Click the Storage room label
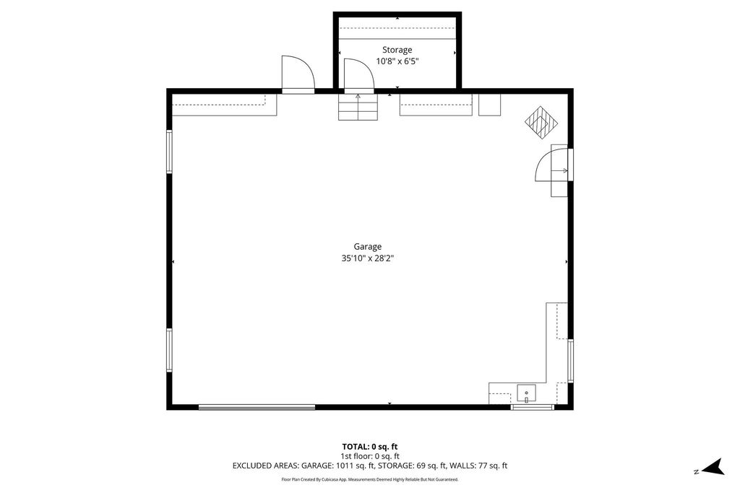pyautogui.click(x=397, y=50)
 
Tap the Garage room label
pyautogui.click(x=367, y=246)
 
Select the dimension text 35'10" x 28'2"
pyautogui.click(x=367, y=258)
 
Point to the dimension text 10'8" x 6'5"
pyautogui.click(x=397, y=61)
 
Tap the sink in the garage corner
pyautogui.click(x=526, y=394)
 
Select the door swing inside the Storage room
pyautogui.click(x=358, y=75)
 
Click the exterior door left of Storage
pyautogui.click(x=297, y=74)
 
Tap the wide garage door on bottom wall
pyautogui.click(x=257, y=407)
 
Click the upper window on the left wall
pyautogui.click(x=169, y=152)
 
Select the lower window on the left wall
pyautogui.click(x=169, y=350)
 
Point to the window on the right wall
pyautogui.click(x=570, y=360)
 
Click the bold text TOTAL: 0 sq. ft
pyautogui.click(x=369, y=446)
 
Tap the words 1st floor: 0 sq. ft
pyautogui.click(x=369, y=456)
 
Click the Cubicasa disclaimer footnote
pyautogui.click(x=369, y=479)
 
